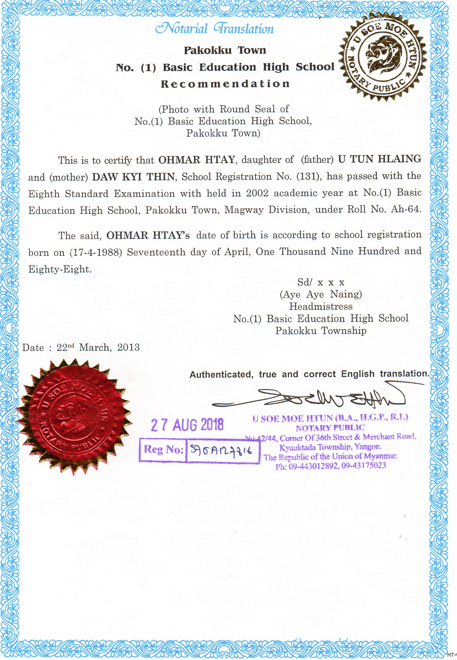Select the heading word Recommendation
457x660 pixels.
pyautogui.click(x=225, y=84)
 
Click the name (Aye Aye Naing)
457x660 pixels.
pyautogui.click(x=321, y=294)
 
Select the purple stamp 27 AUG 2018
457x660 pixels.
pyautogui.click(x=187, y=425)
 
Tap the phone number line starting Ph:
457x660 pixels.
pyautogui.click(x=331, y=466)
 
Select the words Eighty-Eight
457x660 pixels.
pyautogui.click(x=60, y=269)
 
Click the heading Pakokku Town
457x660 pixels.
pyautogui.click(x=225, y=50)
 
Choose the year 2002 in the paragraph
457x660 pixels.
pyautogui.click(x=257, y=193)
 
